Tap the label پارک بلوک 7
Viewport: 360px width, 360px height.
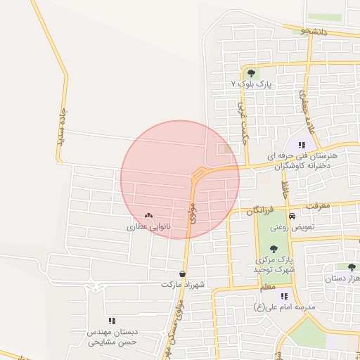pyautogui.click(x=252, y=84)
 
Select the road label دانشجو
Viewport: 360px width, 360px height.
pyautogui.click(x=314, y=31)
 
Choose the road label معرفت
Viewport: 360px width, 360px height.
pyautogui.click(x=319, y=206)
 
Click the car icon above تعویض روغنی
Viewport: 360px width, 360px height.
pyautogui.click(x=292, y=217)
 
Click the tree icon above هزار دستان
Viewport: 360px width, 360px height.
pyautogui.click(x=351, y=267)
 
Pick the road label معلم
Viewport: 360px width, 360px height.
pyautogui.click(x=268, y=288)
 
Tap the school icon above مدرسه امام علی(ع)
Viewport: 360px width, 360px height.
pyautogui.click(x=285, y=297)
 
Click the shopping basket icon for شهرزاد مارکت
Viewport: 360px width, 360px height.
pyautogui.click(x=183, y=274)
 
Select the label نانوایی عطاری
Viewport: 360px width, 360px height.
pyautogui.click(x=146, y=227)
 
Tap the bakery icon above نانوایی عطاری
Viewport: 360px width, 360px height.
pyautogui.click(x=148, y=216)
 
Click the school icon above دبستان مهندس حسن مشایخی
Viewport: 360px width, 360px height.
pyautogui.click(x=112, y=321)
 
